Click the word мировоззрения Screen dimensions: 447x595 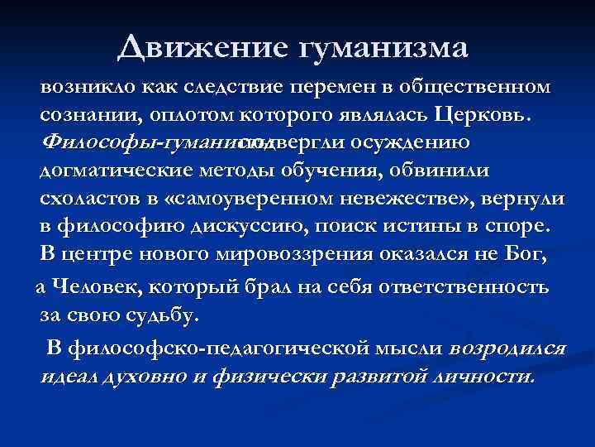300,254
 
